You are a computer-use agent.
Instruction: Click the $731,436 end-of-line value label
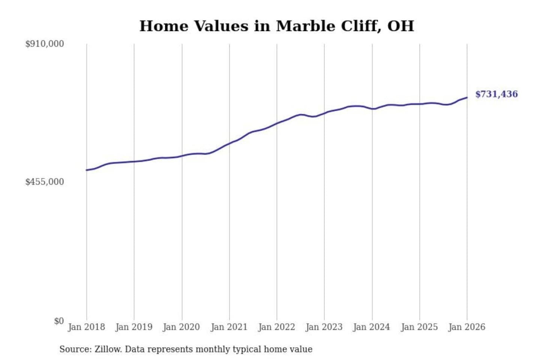(496, 94)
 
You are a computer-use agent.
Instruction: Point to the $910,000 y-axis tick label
(45, 44)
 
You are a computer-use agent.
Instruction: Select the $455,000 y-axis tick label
(45, 182)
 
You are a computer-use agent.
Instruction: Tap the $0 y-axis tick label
(59, 321)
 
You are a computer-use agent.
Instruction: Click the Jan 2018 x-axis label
(86, 327)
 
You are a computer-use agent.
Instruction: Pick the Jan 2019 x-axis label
(134, 327)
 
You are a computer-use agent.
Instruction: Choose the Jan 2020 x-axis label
(181, 327)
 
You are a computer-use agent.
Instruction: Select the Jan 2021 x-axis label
(229, 327)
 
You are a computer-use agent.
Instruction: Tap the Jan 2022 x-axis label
(277, 327)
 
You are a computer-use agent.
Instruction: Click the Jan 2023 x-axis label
(324, 327)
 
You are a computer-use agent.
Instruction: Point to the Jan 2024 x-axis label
(372, 327)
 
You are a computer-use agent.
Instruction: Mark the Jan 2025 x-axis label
(419, 327)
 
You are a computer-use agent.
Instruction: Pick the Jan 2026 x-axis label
(467, 327)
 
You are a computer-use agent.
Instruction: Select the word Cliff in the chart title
(361, 26)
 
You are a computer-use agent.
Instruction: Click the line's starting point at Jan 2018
(87, 170)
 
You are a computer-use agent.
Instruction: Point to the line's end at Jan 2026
(467, 97)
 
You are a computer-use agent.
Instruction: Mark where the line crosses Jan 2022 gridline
(277, 123)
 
